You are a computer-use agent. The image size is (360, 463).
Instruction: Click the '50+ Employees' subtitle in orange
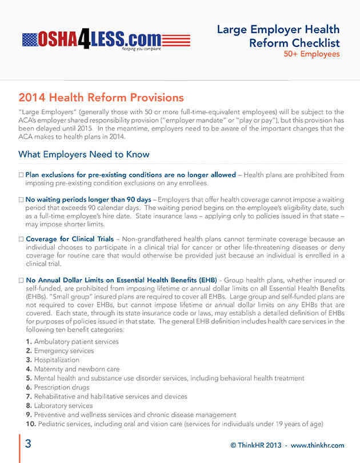point(311,54)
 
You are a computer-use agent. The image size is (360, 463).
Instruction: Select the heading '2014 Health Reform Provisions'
point(101,98)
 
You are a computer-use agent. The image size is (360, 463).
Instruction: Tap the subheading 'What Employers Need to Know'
point(84,154)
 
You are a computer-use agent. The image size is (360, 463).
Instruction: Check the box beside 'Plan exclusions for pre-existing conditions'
point(21,174)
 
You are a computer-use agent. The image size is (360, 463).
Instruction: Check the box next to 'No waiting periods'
point(21,199)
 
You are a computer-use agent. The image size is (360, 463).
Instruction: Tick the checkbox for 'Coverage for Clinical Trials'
point(21,239)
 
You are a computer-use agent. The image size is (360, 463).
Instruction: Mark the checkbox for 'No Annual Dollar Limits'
point(21,281)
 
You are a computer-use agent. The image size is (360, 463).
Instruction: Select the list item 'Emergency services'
point(63,351)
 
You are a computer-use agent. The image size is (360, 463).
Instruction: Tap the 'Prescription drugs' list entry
point(62,388)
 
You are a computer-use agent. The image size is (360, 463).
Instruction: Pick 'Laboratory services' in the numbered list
point(63,406)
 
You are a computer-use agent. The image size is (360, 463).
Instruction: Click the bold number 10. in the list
point(31,424)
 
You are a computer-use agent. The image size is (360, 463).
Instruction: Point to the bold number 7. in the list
point(29,397)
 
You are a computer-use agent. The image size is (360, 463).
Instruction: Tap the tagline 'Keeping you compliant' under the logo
point(141,49)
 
